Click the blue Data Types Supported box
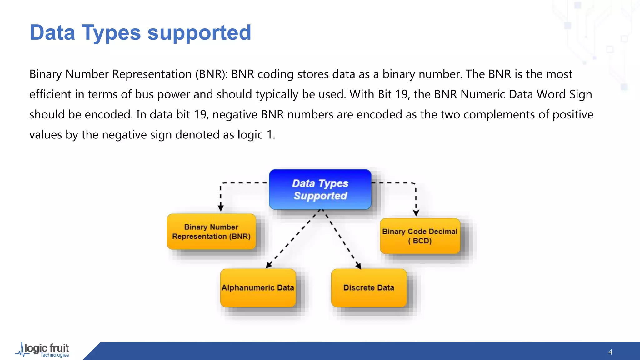320,189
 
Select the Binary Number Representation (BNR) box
211,232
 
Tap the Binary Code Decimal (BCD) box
420,236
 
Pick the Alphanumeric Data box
258,288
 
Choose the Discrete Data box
369,288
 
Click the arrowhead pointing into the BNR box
221,208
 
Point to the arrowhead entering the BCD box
416,213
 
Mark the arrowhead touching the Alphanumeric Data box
268,265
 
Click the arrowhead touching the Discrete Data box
358,266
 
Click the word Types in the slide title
111,33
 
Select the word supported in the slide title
199,33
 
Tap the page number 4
610,352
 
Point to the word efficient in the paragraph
50,94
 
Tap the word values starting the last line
46,135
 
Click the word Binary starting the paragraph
46,74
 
